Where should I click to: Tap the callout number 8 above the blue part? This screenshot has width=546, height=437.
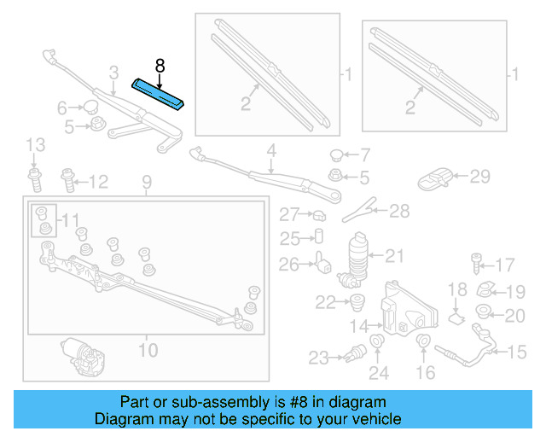(x=159, y=65)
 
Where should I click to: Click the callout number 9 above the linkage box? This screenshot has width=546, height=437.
(x=146, y=182)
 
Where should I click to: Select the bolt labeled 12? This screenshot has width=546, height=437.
(x=67, y=181)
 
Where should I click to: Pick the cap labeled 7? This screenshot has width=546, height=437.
(x=337, y=156)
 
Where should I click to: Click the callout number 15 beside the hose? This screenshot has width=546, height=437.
(x=519, y=352)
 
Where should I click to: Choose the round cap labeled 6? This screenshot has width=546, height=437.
(x=90, y=108)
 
